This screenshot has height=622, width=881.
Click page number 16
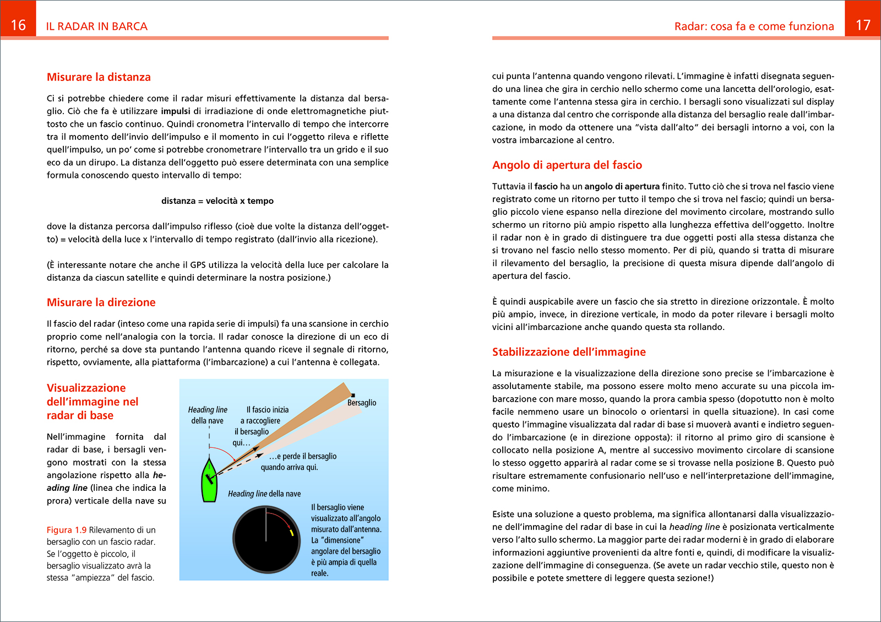[18, 25]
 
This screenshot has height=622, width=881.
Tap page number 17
[863, 25]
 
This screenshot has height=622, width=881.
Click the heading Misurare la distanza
[99, 77]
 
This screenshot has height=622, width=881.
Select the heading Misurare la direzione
[101, 302]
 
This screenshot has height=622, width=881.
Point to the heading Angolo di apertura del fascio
[567, 165]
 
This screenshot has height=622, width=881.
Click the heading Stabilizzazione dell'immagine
[569, 352]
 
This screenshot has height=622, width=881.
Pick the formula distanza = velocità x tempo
[217, 201]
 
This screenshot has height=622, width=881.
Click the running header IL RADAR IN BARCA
[96, 26]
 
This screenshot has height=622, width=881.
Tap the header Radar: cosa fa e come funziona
[754, 26]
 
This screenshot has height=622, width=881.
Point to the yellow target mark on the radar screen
[291, 533]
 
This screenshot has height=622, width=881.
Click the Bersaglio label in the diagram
[362, 403]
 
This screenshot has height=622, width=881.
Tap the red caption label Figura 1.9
[66, 530]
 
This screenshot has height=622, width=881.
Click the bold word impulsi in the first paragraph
[176, 111]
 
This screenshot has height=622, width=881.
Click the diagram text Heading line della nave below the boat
[264, 494]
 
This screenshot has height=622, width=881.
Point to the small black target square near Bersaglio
[353, 395]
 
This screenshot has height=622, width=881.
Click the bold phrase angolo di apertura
[622, 187]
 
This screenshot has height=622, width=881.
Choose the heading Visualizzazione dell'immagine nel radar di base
[93, 402]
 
